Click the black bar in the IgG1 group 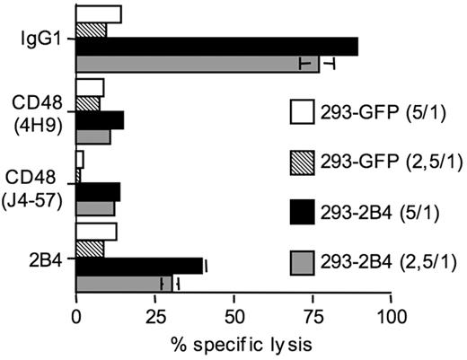pos(216,47)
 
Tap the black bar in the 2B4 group pos(139,266)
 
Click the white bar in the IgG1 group pos(99,13)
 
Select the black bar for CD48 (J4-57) pos(98,191)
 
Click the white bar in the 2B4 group pos(96,232)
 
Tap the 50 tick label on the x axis pos(233,319)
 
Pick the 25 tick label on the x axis pos(154,319)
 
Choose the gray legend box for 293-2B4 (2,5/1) pos(304,262)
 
